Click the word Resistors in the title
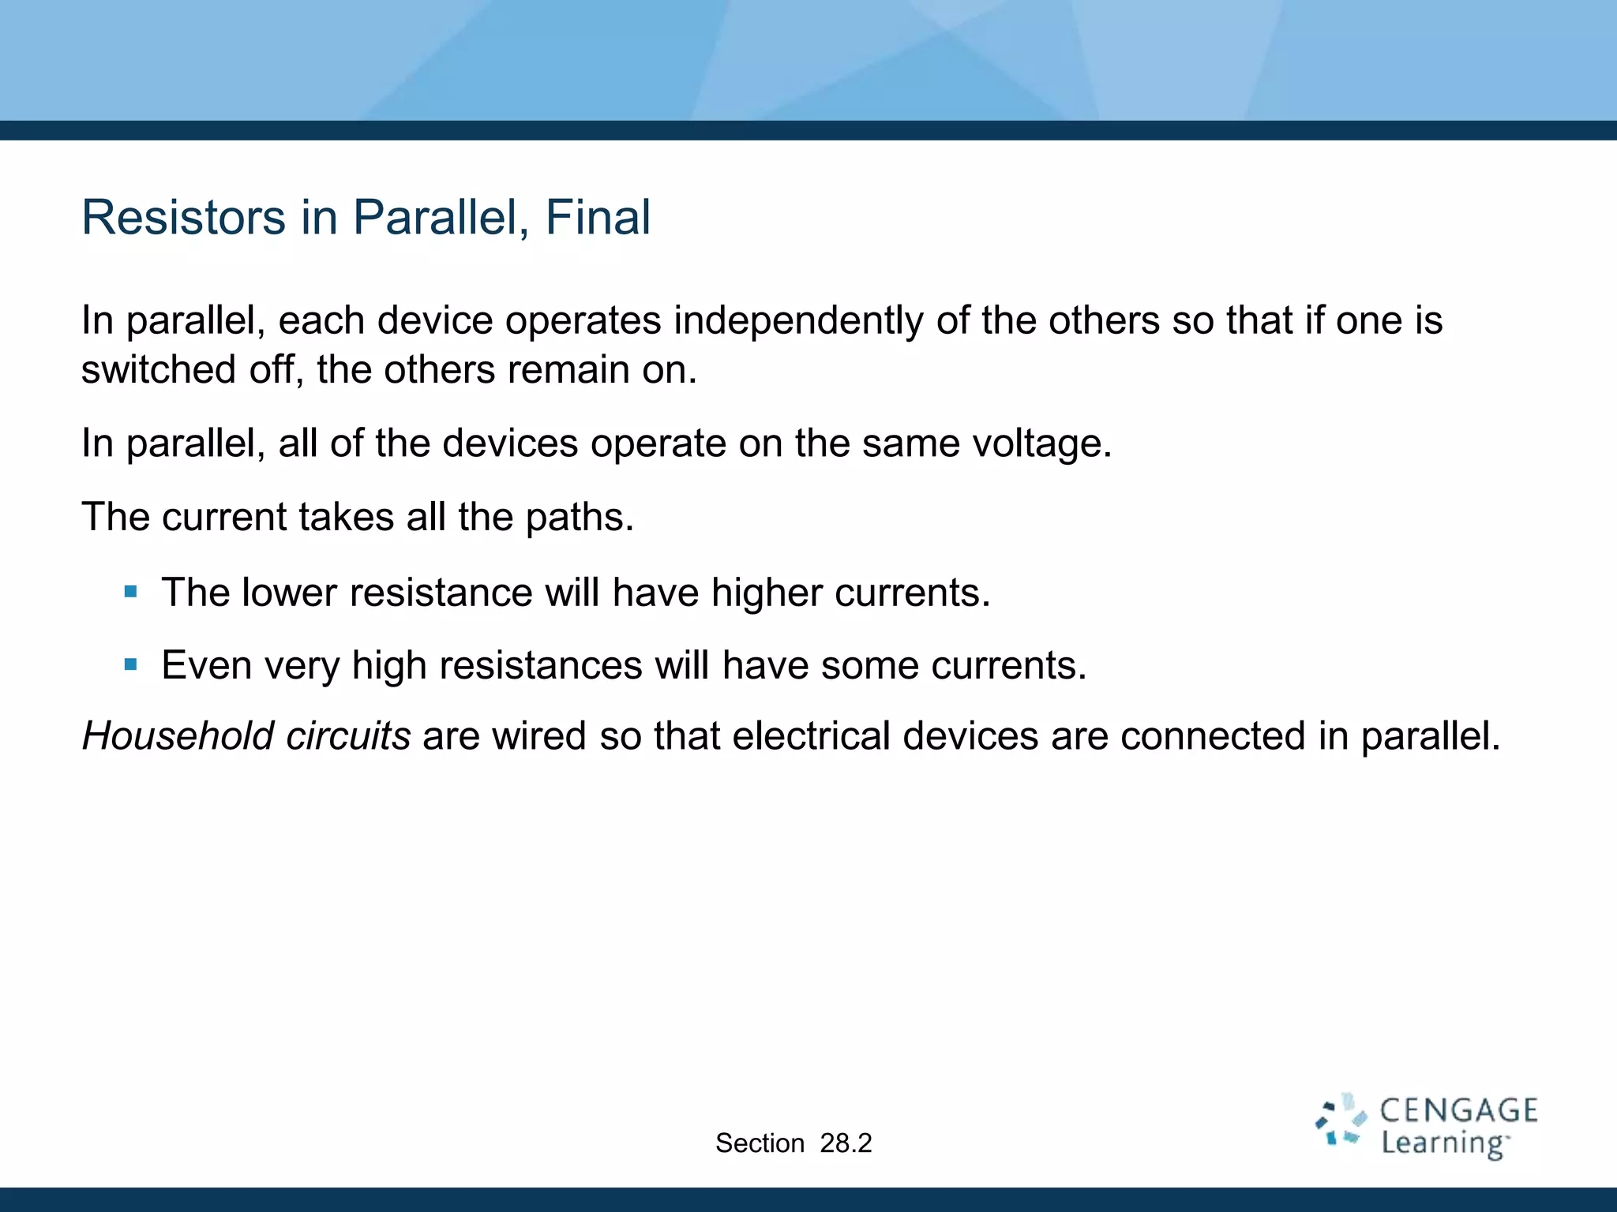pyautogui.click(x=183, y=217)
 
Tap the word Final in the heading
pyautogui.click(x=598, y=217)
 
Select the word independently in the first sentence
pyautogui.click(x=798, y=321)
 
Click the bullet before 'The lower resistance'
pyautogui.click(x=131, y=591)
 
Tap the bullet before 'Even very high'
pyautogui.click(x=131, y=664)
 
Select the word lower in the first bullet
pyautogui.click(x=288, y=593)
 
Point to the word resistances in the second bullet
pyautogui.click(x=540, y=665)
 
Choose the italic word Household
pyautogui.click(x=178, y=736)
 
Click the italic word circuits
pyautogui.click(x=348, y=736)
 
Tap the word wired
pyautogui.click(x=538, y=736)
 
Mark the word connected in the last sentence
pyautogui.click(x=1212, y=736)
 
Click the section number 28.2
pyautogui.click(x=846, y=1143)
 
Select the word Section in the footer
pyautogui.click(x=760, y=1143)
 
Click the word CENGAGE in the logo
pyautogui.click(x=1458, y=1111)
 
